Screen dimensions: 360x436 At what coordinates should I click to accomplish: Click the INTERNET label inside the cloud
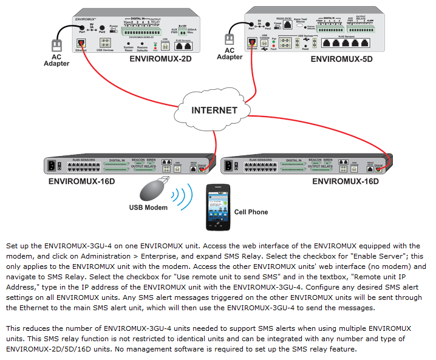pyautogui.click(x=214, y=110)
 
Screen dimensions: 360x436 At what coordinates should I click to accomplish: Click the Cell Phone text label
pyautogui.click(x=251, y=212)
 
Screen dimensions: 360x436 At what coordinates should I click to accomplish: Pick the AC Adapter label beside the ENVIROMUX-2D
pyautogui.click(x=56, y=60)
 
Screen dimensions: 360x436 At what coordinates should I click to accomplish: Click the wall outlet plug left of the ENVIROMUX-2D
pyautogui.click(x=56, y=45)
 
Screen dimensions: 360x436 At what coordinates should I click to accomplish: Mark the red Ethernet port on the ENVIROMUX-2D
pyautogui.click(x=81, y=42)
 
